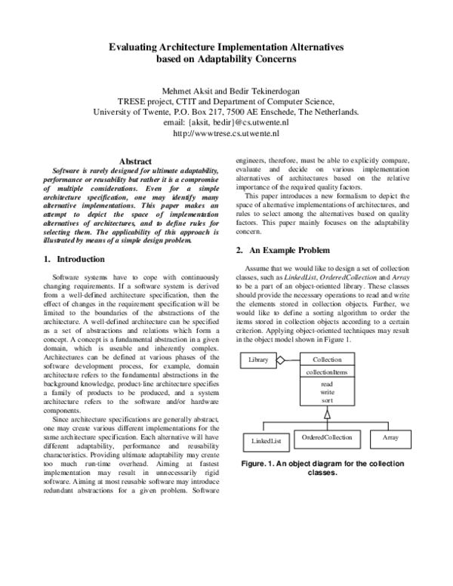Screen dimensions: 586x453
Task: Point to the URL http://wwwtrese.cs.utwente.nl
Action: click(226, 131)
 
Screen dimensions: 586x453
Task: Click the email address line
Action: click(226, 120)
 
